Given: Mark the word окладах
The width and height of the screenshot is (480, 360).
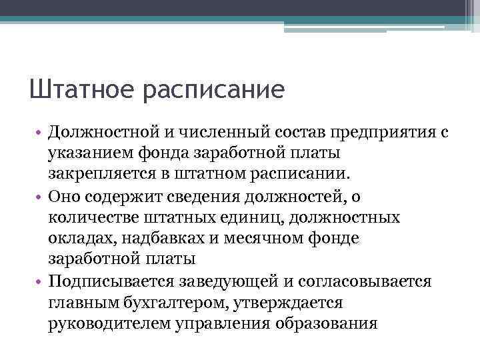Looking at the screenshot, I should click(75, 239).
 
